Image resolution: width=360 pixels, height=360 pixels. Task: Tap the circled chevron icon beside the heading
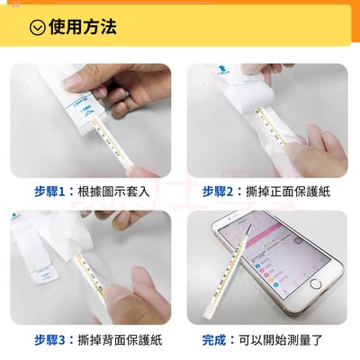click(x=37, y=27)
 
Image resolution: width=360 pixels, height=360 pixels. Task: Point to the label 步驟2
click(x=220, y=191)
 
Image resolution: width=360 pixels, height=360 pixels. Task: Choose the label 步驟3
click(x=53, y=339)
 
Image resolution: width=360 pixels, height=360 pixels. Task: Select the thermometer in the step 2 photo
click(x=270, y=126)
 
